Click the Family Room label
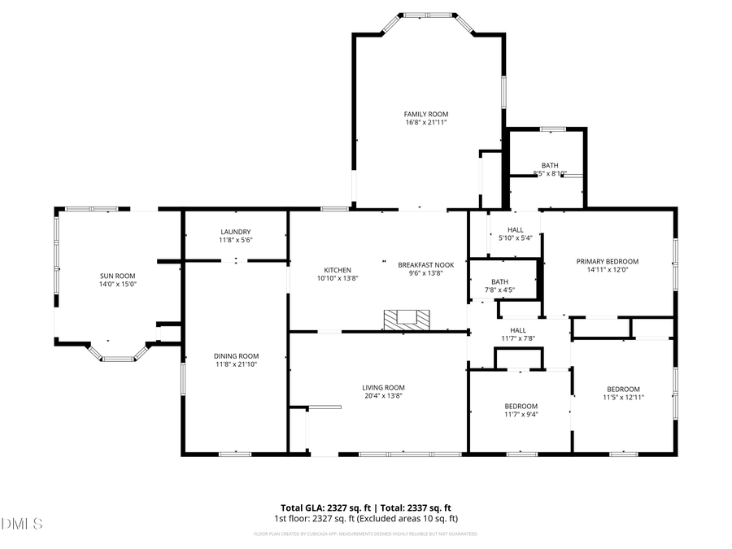426,114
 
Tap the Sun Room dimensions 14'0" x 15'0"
118,285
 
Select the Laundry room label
235,232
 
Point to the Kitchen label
338,270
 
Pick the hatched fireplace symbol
404,320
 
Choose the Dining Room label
236,355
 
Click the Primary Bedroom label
608,262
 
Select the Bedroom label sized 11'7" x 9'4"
521,406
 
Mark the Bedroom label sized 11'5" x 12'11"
623,389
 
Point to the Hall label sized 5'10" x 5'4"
516,229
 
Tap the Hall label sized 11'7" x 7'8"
517,330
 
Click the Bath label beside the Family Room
550,165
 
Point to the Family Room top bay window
428,15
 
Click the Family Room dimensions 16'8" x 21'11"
426,122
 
